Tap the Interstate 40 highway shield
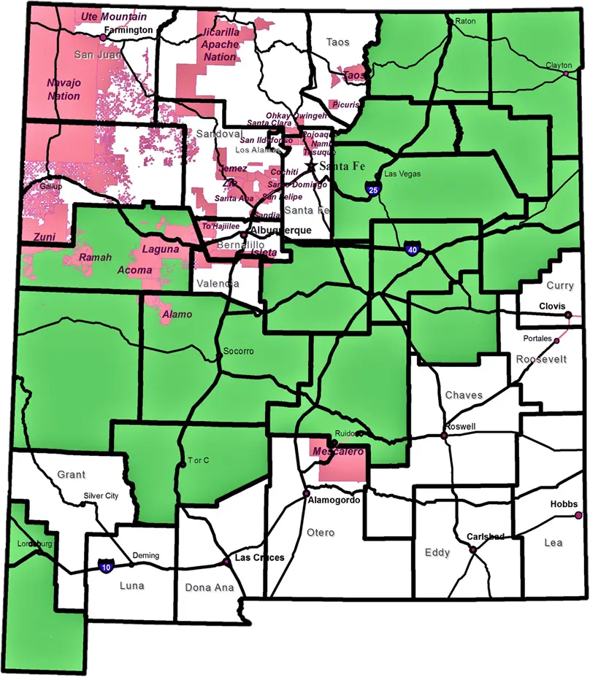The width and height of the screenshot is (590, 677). [x=413, y=249]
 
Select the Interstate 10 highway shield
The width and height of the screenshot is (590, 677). [x=106, y=565]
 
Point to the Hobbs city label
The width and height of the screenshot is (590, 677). [x=564, y=504]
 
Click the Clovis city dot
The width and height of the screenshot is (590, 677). [x=568, y=315]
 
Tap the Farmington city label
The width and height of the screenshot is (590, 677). [x=129, y=31]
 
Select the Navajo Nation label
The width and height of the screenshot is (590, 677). [x=64, y=89]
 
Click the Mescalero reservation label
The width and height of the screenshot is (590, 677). [x=337, y=452]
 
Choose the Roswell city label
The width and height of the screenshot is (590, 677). [x=461, y=427]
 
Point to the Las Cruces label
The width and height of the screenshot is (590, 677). [x=258, y=557]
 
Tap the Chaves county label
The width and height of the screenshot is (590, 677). [x=464, y=395]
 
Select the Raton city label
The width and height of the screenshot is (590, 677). [x=465, y=21]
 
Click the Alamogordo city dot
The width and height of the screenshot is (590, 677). [x=307, y=494]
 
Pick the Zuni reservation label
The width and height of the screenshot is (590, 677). [x=45, y=238]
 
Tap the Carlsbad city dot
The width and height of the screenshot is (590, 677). [x=473, y=549]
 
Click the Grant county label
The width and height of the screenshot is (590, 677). [x=72, y=475]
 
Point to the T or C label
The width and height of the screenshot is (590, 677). [x=199, y=460]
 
